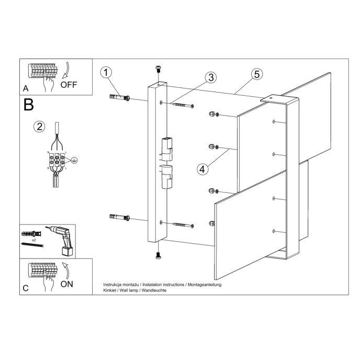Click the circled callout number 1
[106, 73]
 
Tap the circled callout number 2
[39, 126]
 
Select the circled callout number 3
[210, 78]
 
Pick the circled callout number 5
[256, 74]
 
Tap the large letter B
[29, 105]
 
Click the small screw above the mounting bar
[157, 69]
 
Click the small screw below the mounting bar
[157, 255]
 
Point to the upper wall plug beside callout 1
[119, 98]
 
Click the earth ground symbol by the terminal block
[75, 161]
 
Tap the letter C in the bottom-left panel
[26, 288]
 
